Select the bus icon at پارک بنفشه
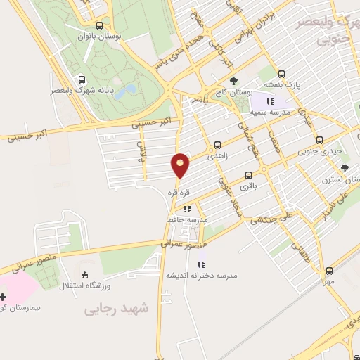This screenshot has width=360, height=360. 281,73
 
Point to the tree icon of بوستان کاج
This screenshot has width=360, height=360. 233,80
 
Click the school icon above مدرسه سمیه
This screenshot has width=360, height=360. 270,102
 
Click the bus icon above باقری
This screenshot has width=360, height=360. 248,175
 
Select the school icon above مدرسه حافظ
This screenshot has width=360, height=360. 187,209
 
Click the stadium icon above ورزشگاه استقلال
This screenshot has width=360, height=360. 85,275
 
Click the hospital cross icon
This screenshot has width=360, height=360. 3,296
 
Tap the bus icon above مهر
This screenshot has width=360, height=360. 329,270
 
